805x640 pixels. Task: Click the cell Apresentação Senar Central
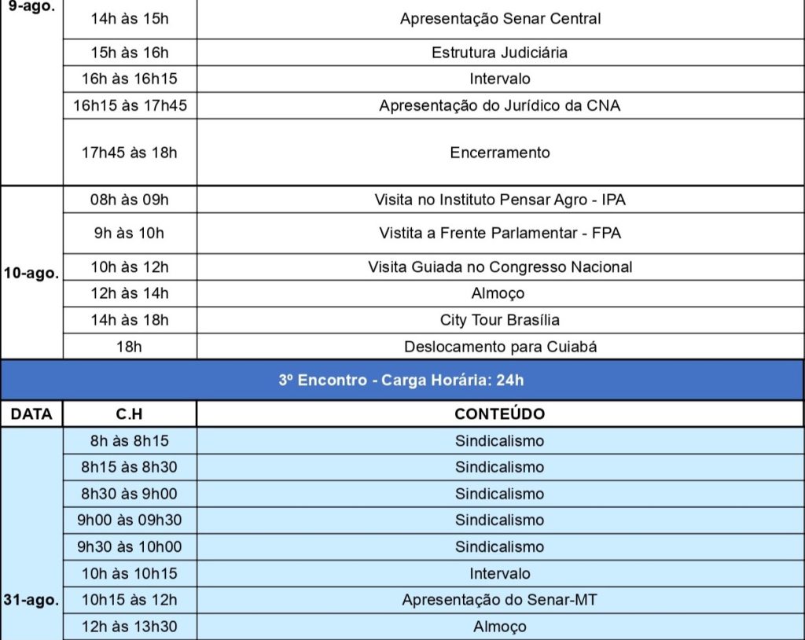point(500,18)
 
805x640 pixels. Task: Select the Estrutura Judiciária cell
point(500,53)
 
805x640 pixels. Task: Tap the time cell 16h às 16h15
point(130,79)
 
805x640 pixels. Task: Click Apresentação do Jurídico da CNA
point(500,105)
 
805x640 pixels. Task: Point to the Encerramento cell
point(500,153)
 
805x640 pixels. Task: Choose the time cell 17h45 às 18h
point(130,153)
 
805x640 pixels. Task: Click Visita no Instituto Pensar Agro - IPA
point(500,200)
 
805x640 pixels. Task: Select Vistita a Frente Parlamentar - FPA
point(500,234)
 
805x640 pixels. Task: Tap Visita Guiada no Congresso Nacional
point(500,267)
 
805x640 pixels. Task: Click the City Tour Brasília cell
point(500,320)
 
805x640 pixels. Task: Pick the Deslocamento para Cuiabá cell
point(500,347)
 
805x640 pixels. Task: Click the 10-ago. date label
point(31,274)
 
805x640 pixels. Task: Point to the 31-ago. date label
point(31,600)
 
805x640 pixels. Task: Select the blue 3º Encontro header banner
point(402,381)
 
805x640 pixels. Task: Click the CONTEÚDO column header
point(500,414)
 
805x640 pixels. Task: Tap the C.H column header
point(130,414)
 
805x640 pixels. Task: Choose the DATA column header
point(31,414)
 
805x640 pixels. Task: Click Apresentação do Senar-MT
point(500,600)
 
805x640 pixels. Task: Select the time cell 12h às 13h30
point(130,627)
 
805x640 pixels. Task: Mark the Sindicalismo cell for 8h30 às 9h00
point(500,494)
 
